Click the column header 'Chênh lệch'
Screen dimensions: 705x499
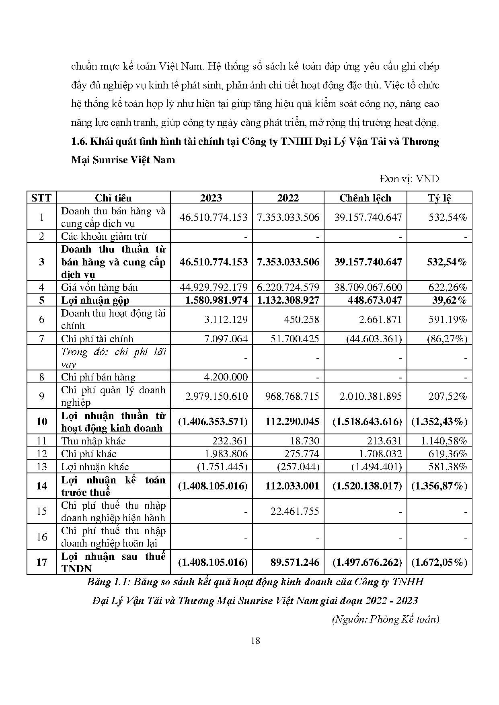pos(365,198)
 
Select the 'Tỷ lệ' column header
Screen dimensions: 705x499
pos(439,198)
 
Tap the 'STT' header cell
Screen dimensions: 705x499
pos(41,198)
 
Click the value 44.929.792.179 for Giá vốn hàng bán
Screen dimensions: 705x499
pos(214,287)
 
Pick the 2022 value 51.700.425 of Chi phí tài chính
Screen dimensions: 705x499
pos(294,339)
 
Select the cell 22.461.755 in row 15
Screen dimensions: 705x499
pos(294,511)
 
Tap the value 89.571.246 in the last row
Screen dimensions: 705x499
pos(295,562)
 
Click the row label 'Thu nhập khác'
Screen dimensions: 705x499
pos(93,441)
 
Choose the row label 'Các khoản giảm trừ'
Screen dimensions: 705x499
pos(104,236)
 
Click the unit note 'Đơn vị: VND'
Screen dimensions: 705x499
pos(409,179)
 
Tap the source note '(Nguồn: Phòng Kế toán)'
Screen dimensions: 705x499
pos(386,619)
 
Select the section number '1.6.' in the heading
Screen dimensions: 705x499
pos(79,142)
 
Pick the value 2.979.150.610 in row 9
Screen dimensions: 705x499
pos(216,396)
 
